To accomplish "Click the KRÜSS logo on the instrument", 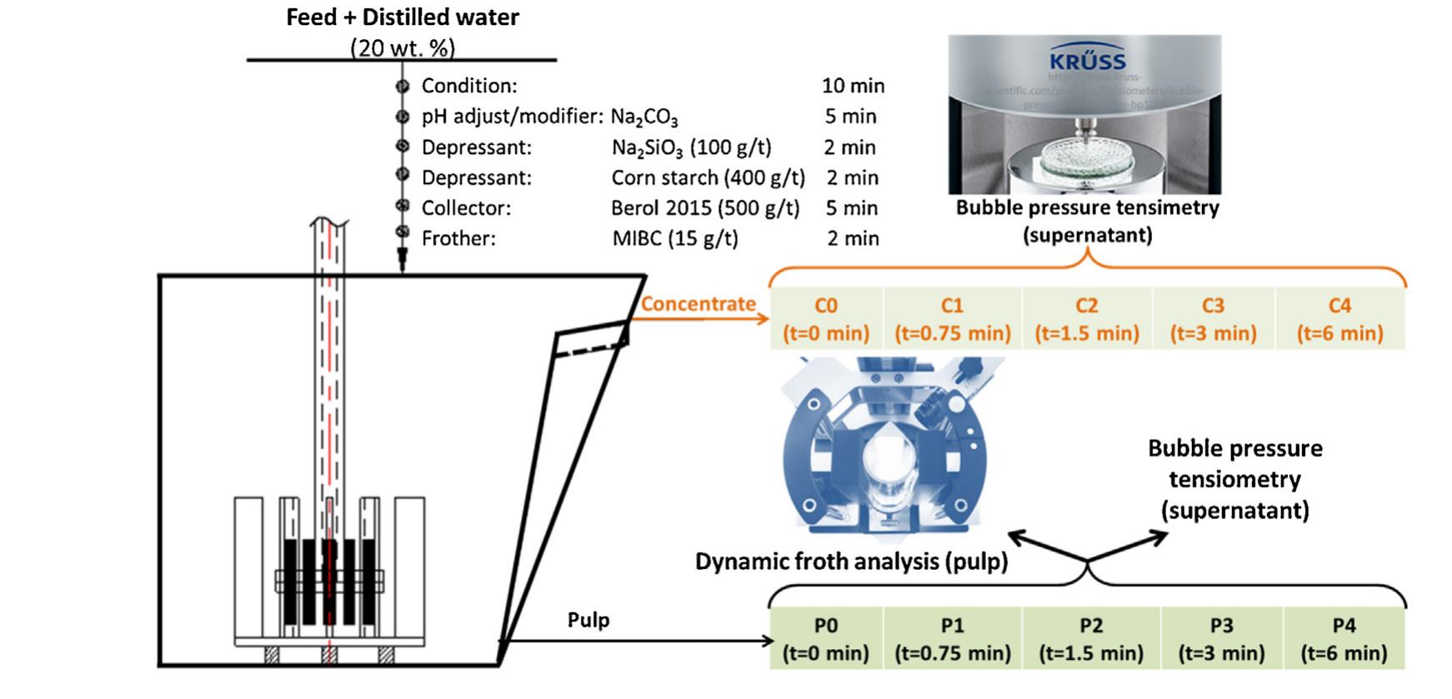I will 1087,61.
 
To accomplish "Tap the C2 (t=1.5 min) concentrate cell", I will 1086,319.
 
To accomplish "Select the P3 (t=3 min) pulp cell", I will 1221,639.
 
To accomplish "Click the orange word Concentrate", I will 698,304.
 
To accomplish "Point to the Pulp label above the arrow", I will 588,620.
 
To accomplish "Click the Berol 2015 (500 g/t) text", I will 705,208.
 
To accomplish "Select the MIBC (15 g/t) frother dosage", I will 675,239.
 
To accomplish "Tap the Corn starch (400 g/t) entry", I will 708,177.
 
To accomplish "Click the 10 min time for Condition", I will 853,86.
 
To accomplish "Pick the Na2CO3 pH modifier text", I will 644,117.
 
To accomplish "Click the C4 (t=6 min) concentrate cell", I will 1339,319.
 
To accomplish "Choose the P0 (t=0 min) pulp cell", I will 825,639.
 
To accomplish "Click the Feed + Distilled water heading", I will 402,17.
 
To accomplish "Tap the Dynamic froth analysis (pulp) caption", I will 851,562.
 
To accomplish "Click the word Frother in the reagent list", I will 458,239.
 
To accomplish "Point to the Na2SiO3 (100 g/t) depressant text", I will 691,147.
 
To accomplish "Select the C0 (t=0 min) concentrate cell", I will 825,319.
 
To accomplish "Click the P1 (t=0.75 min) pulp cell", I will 952,639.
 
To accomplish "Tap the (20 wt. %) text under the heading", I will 403,47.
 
